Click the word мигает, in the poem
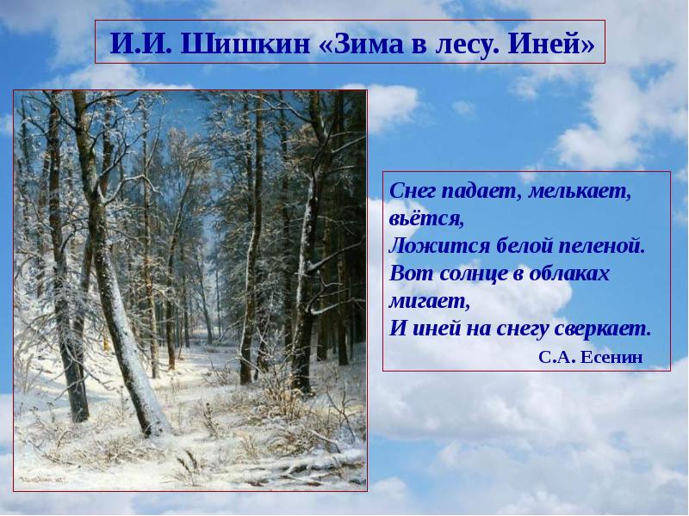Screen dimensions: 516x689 coord(429,301)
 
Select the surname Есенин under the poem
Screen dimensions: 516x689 coord(614,357)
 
